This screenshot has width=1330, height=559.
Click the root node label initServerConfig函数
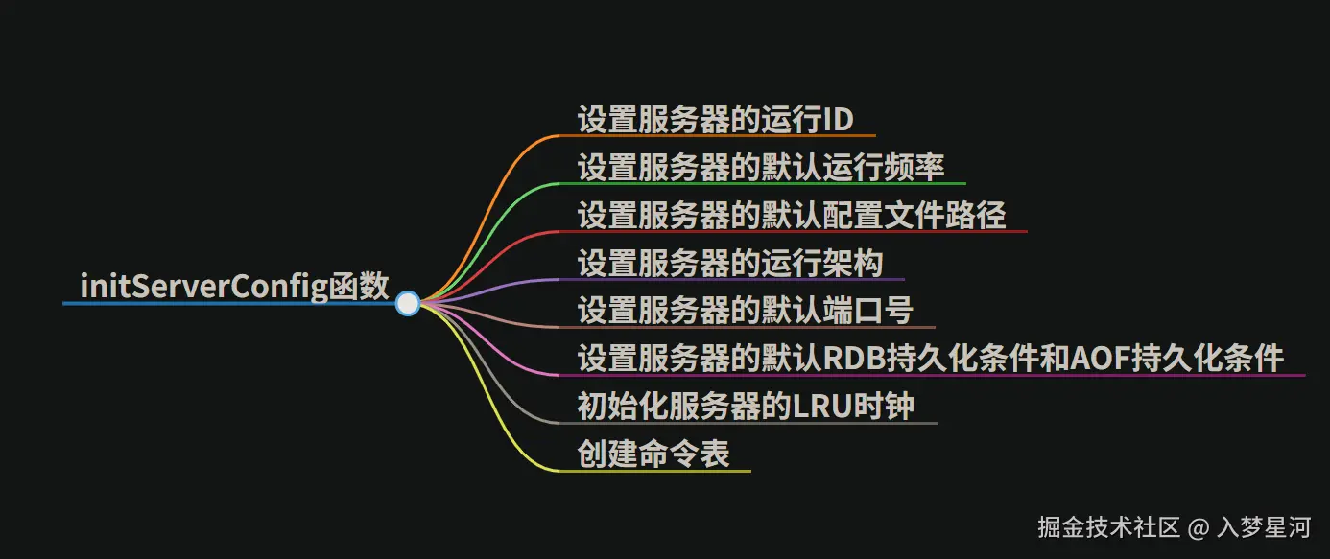point(235,287)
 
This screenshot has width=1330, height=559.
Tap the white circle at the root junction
point(408,303)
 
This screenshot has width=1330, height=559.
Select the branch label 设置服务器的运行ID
point(715,120)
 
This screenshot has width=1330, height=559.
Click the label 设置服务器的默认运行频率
point(761,167)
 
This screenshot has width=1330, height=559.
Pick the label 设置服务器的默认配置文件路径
point(792,215)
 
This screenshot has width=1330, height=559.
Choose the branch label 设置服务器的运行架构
point(730,263)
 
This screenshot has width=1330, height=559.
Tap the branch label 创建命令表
point(653,454)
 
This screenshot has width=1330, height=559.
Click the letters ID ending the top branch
point(839,120)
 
